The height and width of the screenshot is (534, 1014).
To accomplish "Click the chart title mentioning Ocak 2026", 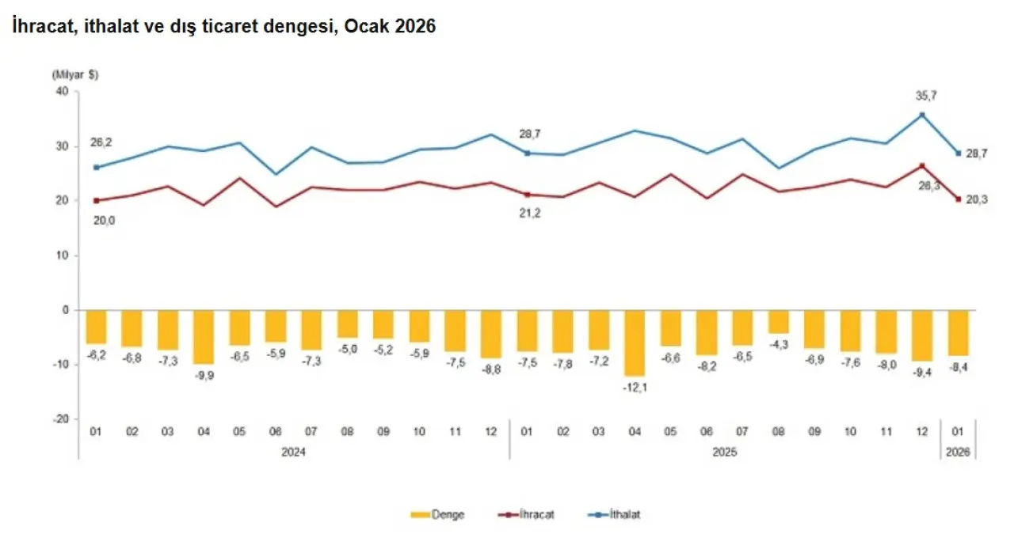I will click(x=224, y=26).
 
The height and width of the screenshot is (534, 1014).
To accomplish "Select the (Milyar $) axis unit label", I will click(x=75, y=75).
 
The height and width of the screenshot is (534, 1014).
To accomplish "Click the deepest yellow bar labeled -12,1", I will click(x=635, y=342).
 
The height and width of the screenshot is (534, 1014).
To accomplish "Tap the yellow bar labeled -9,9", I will click(x=204, y=336).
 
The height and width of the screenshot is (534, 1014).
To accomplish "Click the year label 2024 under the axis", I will click(x=294, y=453).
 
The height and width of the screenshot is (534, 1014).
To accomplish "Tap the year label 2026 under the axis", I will click(x=959, y=453).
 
